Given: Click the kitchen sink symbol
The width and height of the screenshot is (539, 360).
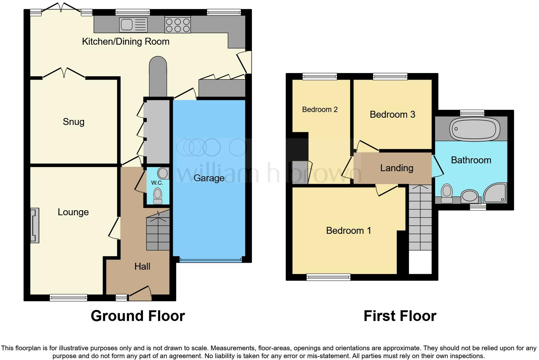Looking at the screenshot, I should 133,25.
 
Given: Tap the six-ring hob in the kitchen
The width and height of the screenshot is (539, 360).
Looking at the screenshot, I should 178,25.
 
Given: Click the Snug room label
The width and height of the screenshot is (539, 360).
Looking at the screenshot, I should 73,122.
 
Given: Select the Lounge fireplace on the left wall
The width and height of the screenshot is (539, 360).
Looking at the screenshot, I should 35,225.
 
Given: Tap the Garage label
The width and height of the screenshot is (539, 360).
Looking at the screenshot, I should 209,178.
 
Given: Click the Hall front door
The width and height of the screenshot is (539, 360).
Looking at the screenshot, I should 140,292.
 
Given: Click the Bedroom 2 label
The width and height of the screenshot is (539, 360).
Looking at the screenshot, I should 320,110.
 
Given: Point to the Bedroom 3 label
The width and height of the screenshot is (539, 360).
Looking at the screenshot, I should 392,115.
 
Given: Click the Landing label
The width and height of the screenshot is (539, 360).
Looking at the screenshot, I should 396,168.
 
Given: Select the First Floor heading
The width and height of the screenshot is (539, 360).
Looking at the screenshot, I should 400,316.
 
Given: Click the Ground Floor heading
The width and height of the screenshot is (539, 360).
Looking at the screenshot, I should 138,316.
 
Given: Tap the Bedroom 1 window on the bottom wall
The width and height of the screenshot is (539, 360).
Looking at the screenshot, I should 328,277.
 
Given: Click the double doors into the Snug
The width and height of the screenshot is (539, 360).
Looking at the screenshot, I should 64,73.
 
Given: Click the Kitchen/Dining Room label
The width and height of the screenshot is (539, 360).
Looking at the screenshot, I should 126,42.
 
